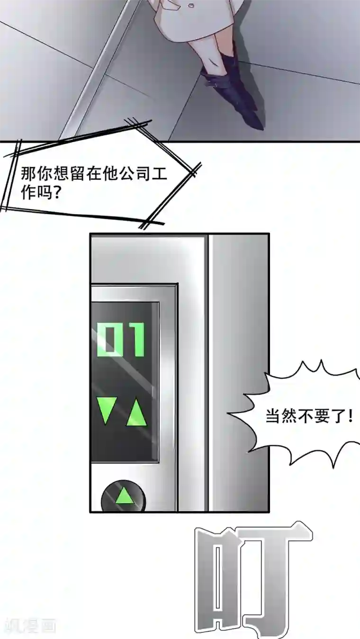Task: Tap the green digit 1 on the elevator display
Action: (x=136, y=340)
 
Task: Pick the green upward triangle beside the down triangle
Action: (x=136, y=412)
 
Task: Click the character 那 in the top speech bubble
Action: (x=28, y=174)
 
